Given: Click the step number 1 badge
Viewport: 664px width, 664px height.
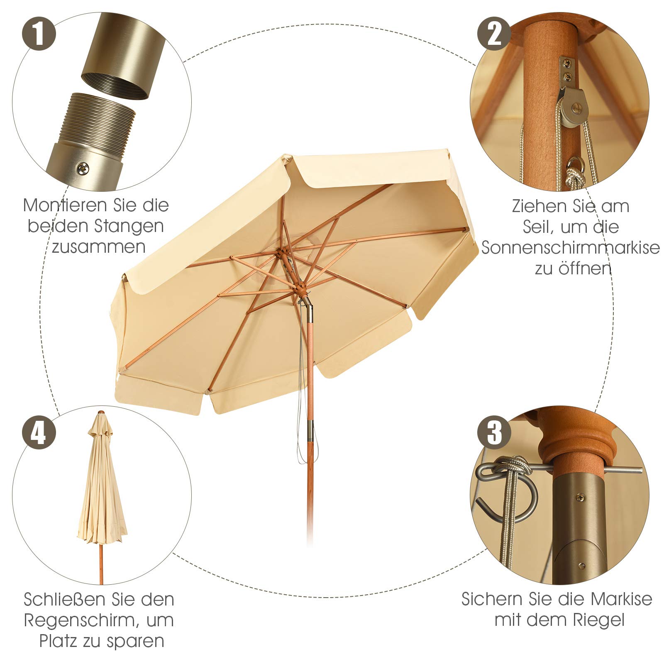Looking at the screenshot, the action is click(39, 33).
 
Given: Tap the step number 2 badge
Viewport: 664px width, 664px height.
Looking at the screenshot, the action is click(494, 33).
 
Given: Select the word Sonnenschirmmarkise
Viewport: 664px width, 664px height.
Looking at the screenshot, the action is click(571, 248).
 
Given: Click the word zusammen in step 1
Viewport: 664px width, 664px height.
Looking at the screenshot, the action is click(99, 247).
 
